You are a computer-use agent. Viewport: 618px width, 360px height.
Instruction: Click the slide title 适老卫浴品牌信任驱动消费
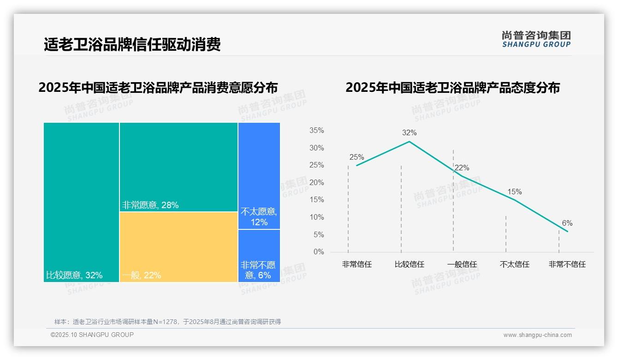point(132,44)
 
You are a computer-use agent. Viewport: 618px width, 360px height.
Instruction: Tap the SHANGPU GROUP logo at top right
point(536,39)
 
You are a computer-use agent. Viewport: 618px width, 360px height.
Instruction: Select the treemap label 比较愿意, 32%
point(74,276)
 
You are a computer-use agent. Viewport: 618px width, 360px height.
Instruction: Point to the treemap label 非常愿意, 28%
point(150,205)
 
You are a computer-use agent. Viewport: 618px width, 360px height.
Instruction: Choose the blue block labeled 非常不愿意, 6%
point(259,256)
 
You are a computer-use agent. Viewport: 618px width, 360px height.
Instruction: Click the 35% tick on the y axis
point(316,131)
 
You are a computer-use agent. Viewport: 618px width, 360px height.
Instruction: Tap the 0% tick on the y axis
point(318,252)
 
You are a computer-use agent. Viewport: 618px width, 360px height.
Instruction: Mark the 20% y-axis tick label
point(316,183)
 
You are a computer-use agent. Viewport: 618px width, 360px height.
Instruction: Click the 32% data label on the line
point(409,133)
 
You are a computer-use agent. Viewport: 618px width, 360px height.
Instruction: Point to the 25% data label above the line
point(357,157)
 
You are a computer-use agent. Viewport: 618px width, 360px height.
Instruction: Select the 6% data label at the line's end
point(567,223)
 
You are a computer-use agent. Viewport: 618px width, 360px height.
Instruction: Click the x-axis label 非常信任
point(357,264)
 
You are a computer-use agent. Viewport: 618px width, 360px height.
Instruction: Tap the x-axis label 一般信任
point(462,264)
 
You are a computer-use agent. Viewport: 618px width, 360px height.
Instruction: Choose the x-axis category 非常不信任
point(567,264)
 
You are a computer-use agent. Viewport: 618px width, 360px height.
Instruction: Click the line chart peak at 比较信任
point(409,141)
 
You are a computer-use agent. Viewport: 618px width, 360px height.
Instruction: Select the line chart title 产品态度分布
point(452,88)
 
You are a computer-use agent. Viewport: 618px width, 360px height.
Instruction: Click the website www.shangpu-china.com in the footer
point(537,335)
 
